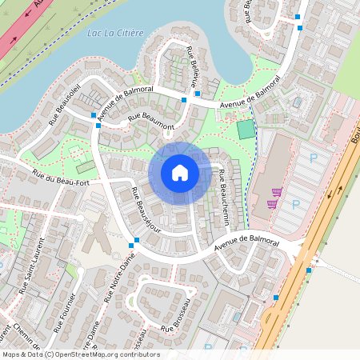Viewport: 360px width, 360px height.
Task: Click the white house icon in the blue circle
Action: (x=180, y=172)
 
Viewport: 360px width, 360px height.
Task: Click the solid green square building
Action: (x=245, y=130)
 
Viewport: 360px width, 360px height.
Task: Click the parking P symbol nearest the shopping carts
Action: (x=295, y=204)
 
